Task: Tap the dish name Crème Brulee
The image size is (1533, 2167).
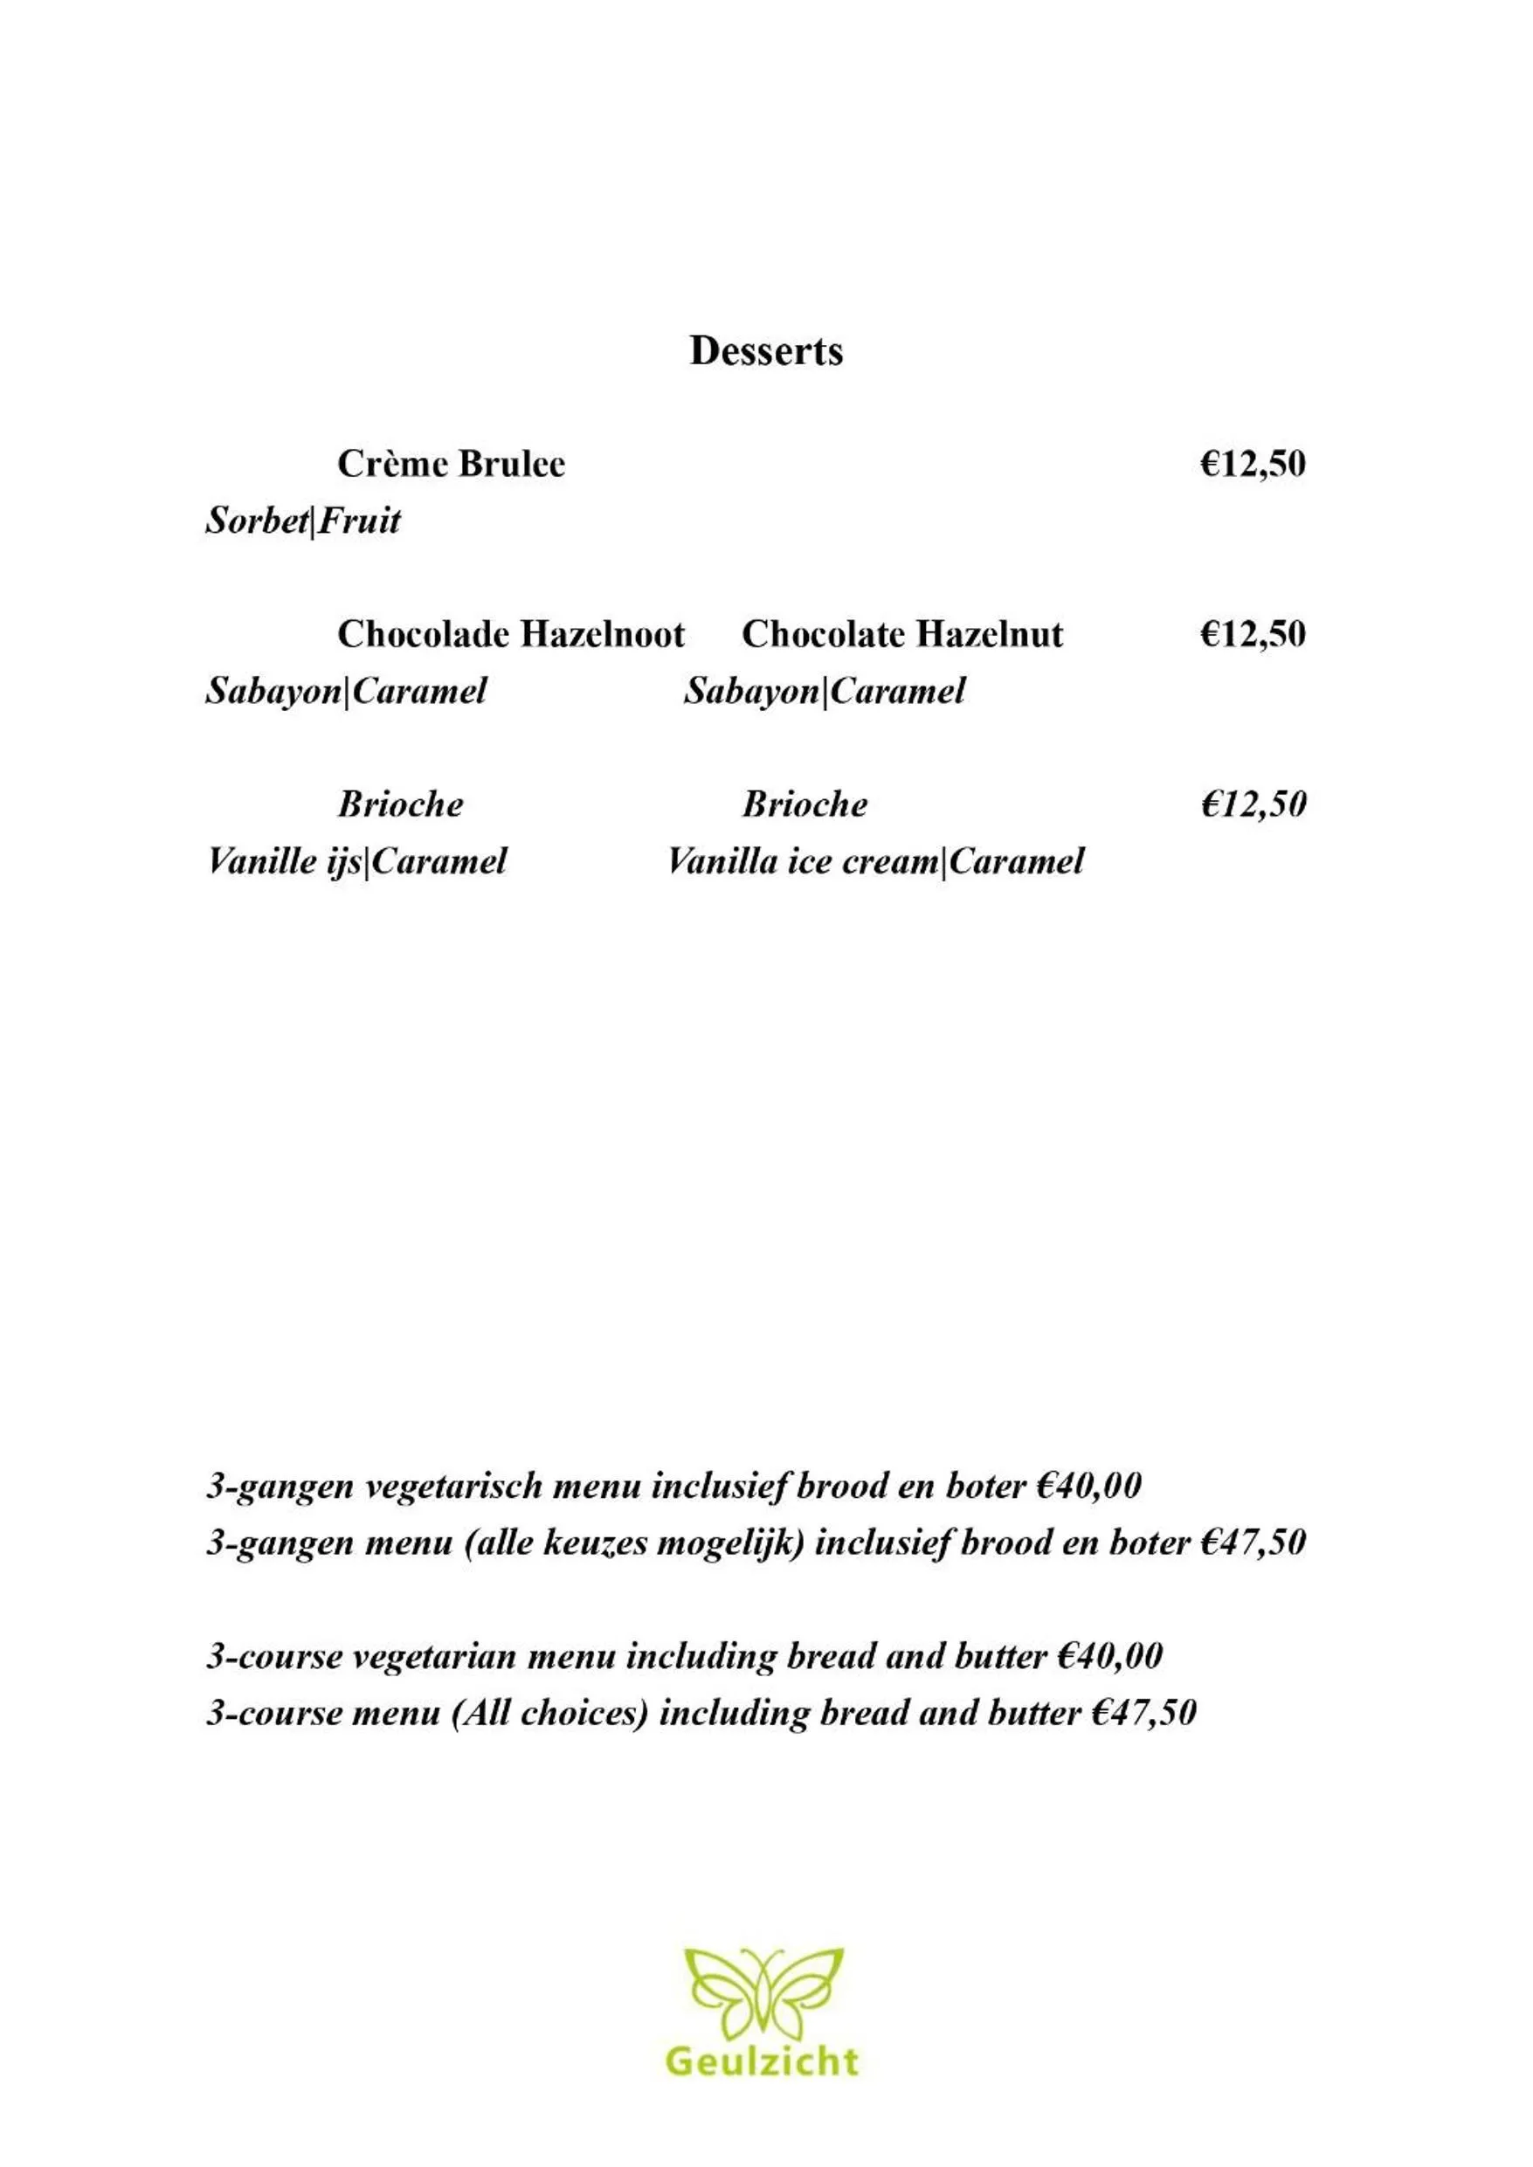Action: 452,465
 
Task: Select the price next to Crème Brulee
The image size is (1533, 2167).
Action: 1253,465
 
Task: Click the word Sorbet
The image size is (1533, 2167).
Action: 257,521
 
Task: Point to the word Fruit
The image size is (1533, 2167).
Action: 359,521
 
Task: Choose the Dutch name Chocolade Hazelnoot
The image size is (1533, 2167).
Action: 511,634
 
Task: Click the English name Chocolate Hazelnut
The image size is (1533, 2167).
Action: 901,634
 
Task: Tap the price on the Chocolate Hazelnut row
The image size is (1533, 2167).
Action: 1253,634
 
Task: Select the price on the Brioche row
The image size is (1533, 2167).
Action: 1253,804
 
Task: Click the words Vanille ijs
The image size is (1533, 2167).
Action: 284,860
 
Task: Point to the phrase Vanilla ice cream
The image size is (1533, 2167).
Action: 804,860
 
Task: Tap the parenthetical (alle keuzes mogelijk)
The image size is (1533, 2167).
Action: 634,1543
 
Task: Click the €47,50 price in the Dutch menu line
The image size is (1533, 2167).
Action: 1253,1543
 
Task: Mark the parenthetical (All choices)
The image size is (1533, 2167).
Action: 550,1713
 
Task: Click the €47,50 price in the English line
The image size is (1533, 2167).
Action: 1143,1713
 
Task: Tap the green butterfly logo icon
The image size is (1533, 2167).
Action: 763,1991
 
